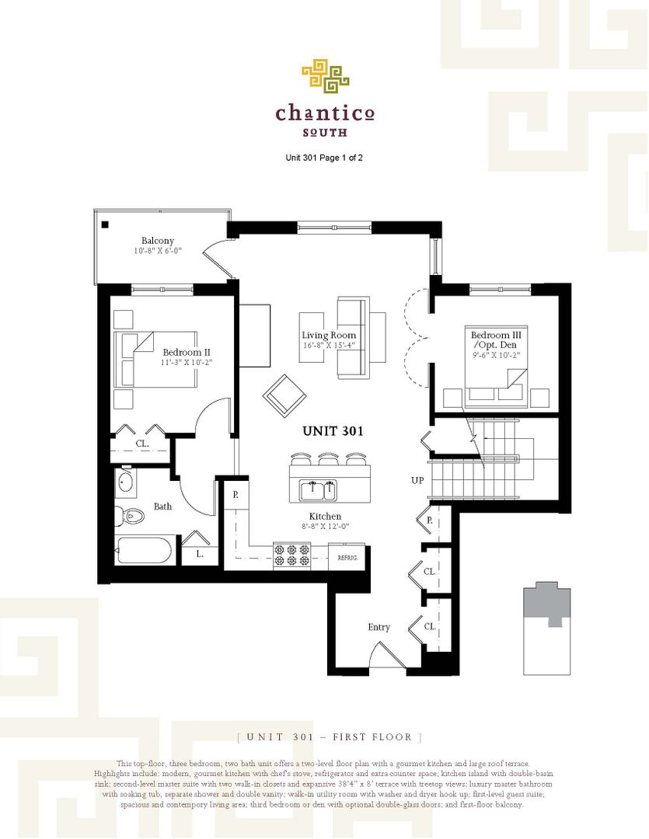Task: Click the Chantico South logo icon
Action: pos(325,76)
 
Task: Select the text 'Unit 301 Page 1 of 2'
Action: pos(324,158)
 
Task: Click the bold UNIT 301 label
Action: pos(333,430)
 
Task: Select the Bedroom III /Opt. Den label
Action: pos(494,340)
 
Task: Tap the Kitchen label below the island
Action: pos(325,517)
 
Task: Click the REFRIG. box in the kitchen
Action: pos(346,557)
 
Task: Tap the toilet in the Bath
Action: pos(131,514)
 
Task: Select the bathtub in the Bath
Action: pos(143,552)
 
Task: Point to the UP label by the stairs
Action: pos(417,480)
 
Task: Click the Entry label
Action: pos(379,627)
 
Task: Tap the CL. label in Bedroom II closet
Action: pos(142,444)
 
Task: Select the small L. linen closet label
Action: pos(200,554)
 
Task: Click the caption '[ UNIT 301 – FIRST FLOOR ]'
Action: pos(330,736)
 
